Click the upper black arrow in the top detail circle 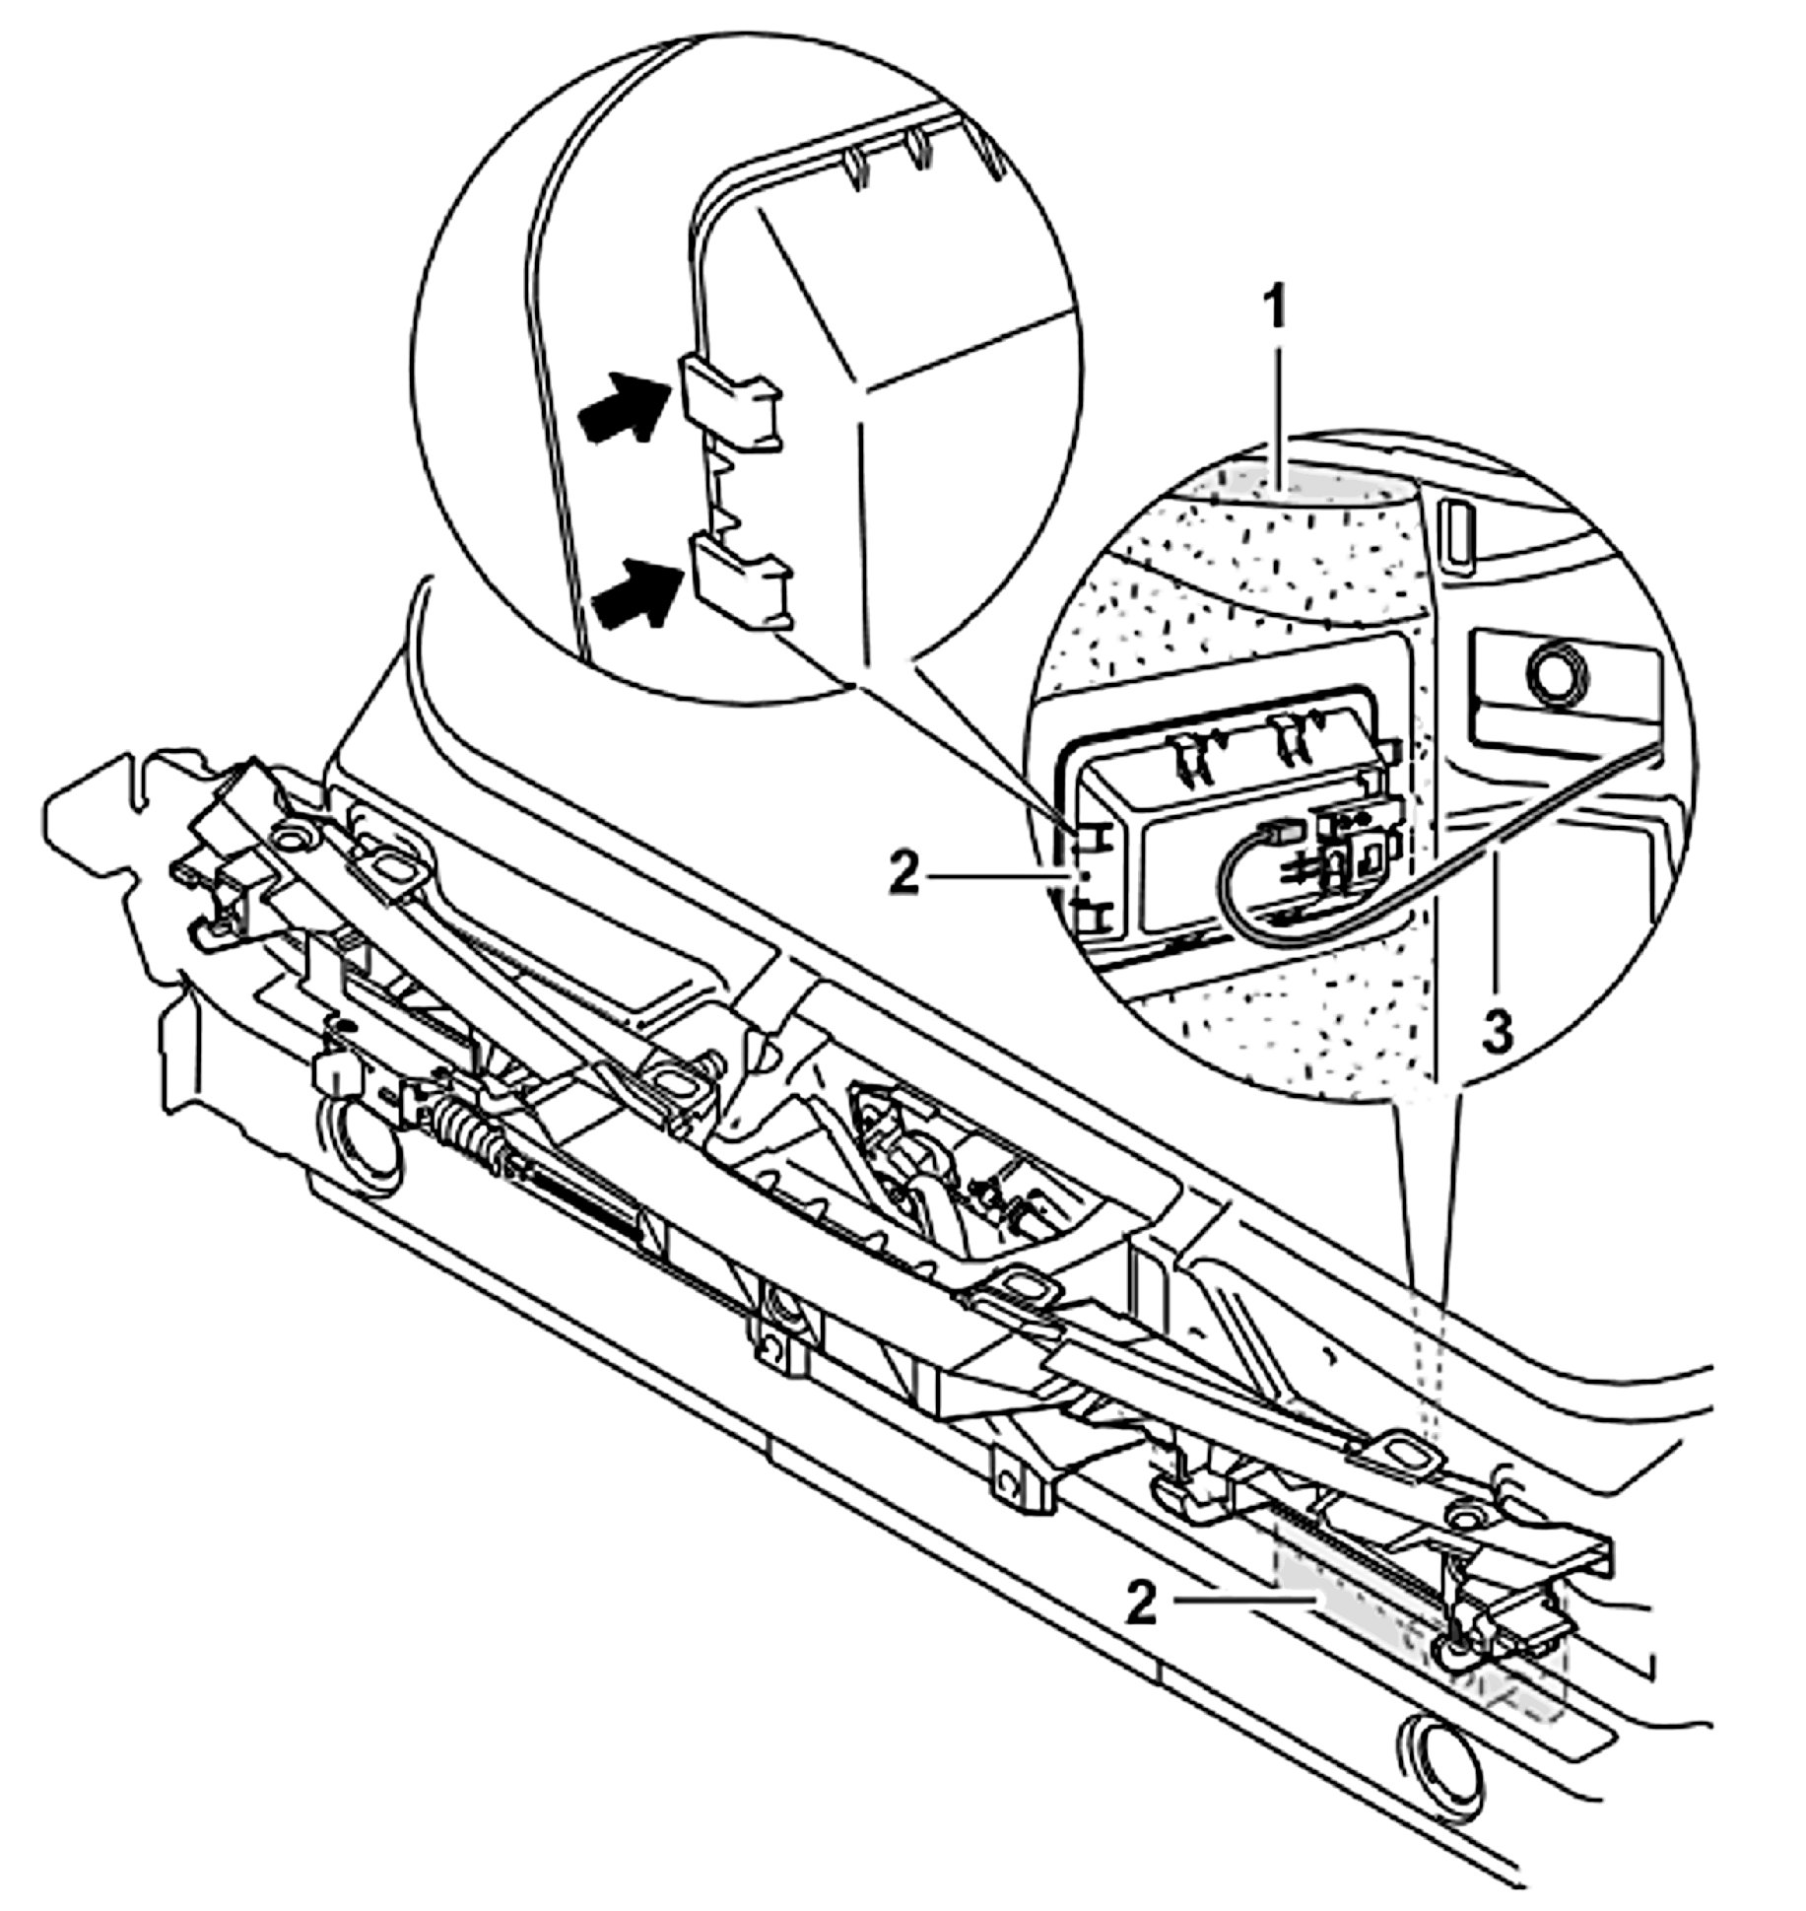[628, 405]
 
